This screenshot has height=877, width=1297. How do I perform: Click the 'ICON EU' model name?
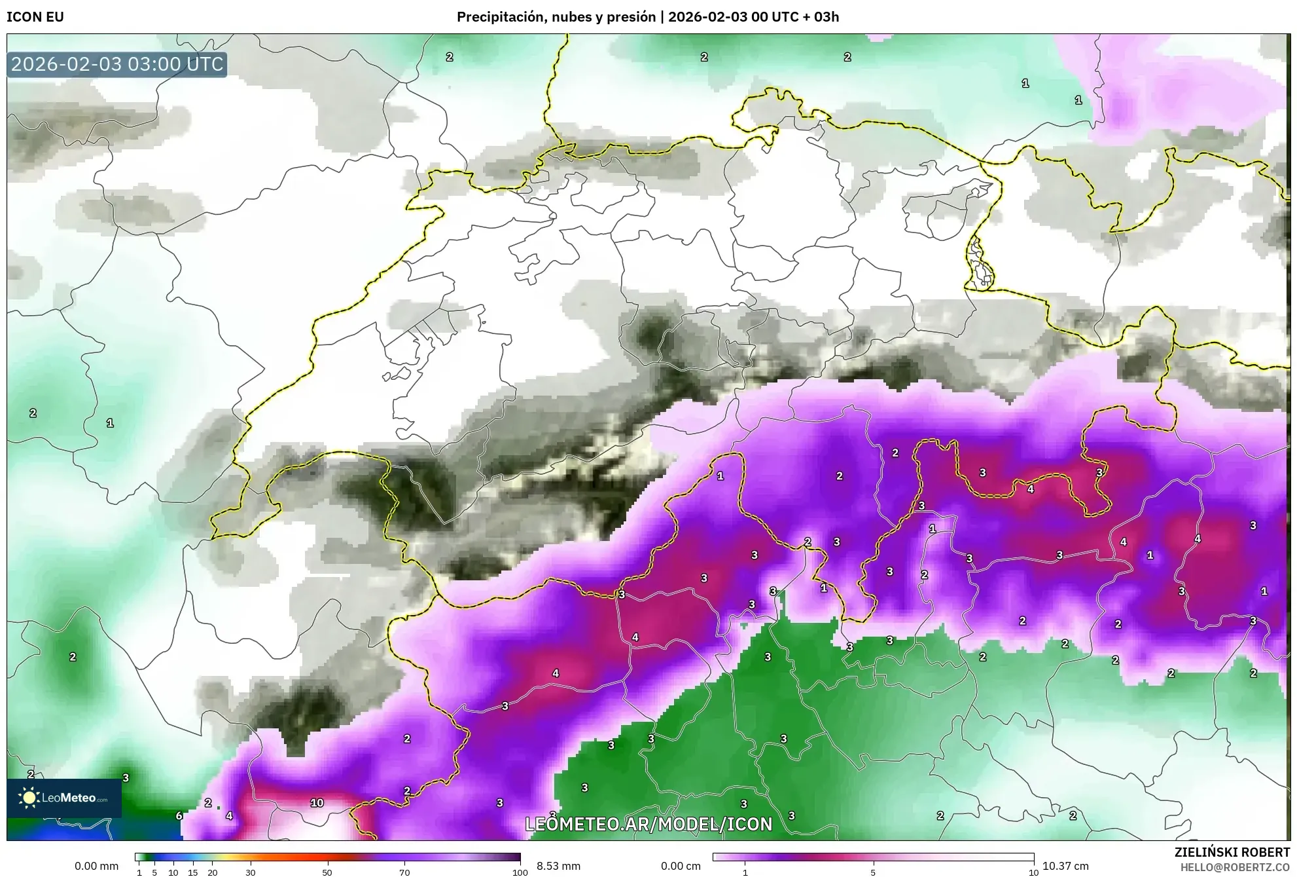[35, 17]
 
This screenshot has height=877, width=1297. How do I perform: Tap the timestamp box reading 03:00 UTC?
[117, 64]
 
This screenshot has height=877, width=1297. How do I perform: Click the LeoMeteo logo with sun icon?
[64, 798]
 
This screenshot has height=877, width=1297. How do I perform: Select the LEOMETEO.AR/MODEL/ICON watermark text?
[648, 824]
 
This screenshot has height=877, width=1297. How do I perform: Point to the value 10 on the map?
[317, 803]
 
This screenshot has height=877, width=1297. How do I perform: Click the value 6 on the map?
[179, 816]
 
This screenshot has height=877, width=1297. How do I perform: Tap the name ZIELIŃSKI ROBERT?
[1232, 852]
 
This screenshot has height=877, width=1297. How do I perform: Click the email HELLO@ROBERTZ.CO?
[1235, 867]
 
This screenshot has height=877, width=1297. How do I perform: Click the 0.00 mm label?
[96, 866]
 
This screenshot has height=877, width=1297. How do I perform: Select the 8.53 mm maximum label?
[558, 866]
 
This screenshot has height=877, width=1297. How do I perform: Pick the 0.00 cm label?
[681, 866]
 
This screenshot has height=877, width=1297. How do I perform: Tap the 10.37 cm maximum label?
[1065, 866]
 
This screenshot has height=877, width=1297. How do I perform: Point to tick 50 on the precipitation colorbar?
[327, 872]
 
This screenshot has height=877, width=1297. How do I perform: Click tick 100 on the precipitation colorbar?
[520, 872]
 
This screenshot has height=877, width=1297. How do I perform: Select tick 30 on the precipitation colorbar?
[251, 872]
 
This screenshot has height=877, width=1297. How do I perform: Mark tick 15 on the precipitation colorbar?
[192, 872]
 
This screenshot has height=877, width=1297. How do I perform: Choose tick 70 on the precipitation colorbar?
[404, 872]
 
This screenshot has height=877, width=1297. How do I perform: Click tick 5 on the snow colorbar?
[873, 872]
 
